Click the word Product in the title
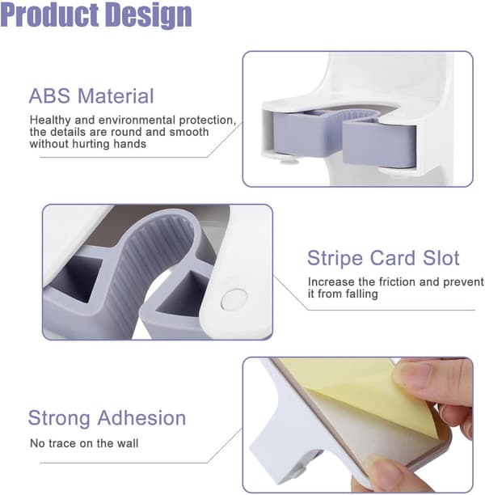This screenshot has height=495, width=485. [x=50, y=15]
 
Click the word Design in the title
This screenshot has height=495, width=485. [x=148, y=16]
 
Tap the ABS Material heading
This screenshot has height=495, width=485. [x=91, y=95]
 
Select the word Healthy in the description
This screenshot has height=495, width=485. [x=50, y=121]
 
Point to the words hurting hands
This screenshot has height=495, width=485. [x=109, y=144]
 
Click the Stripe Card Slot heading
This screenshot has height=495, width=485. [x=383, y=258]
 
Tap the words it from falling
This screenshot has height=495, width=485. [x=343, y=294]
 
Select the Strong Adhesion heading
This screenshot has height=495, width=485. [x=107, y=418]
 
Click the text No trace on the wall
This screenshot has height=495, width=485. [x=84, y=443]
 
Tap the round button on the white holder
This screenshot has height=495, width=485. [x=234, y=298]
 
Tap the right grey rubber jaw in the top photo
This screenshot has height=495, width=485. [x=379, y=144]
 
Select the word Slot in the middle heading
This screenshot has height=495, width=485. [x=441, y=258]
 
